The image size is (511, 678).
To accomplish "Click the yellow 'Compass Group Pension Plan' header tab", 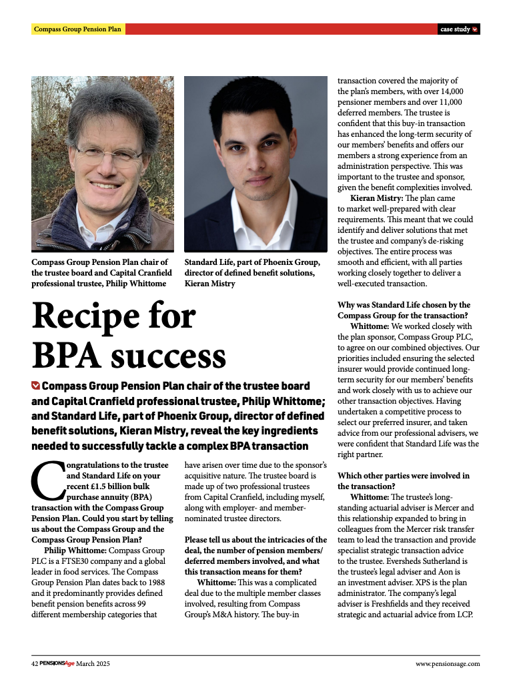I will (x=77, y=29).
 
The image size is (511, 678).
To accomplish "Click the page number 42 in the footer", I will (x=35, y=664).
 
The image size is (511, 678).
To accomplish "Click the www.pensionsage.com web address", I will (x=447, y=664).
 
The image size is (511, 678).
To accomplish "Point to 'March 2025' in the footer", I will (x=93, y=664).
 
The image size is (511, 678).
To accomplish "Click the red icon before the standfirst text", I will (x=35, y=386).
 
